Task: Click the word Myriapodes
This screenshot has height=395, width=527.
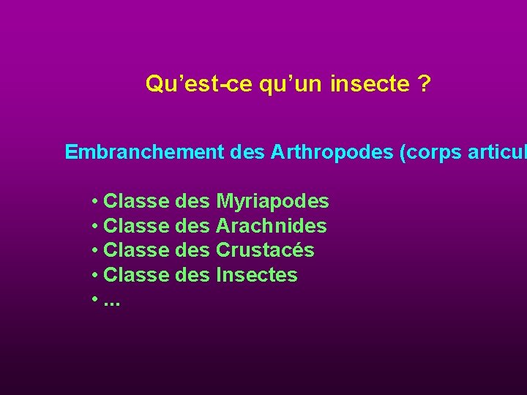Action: pyautogui.click(x=272, y=201)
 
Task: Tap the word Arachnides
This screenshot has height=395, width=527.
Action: pyautogui.click(x=272, y=226)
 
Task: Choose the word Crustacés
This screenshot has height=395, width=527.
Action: pyautogui.click(x=265, y=250)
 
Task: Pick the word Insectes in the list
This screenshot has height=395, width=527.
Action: pyautogui.click(x=257, y=275)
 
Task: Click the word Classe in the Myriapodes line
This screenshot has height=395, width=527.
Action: pyautogui.click(x=138, y=201)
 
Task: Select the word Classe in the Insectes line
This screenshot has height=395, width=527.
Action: pyautogui.click(x=138, y=275)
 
